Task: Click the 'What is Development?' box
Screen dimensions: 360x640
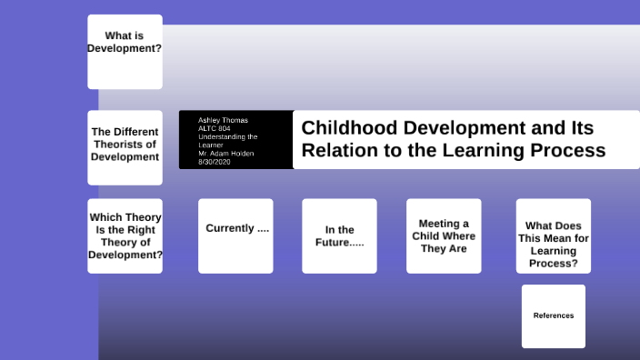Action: (x=125, y=52)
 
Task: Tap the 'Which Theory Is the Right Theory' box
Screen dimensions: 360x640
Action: (x=125, y=236)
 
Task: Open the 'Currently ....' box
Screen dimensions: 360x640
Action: (x=235, y=235)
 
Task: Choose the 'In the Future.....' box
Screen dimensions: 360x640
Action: (x=339, y=235)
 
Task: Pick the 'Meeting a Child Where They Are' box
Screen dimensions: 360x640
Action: (x=443, y=235)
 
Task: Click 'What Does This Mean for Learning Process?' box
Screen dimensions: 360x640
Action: (x=553, y=235)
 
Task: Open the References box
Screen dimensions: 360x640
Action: (x=553, y=315)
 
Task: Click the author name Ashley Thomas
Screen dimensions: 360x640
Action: (x=223, y=120)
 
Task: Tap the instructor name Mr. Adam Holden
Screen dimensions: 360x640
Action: (x=225, y=153)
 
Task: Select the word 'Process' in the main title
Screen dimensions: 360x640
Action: (x=569, y=150)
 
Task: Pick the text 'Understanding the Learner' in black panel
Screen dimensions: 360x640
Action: (x=227, y=140)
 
